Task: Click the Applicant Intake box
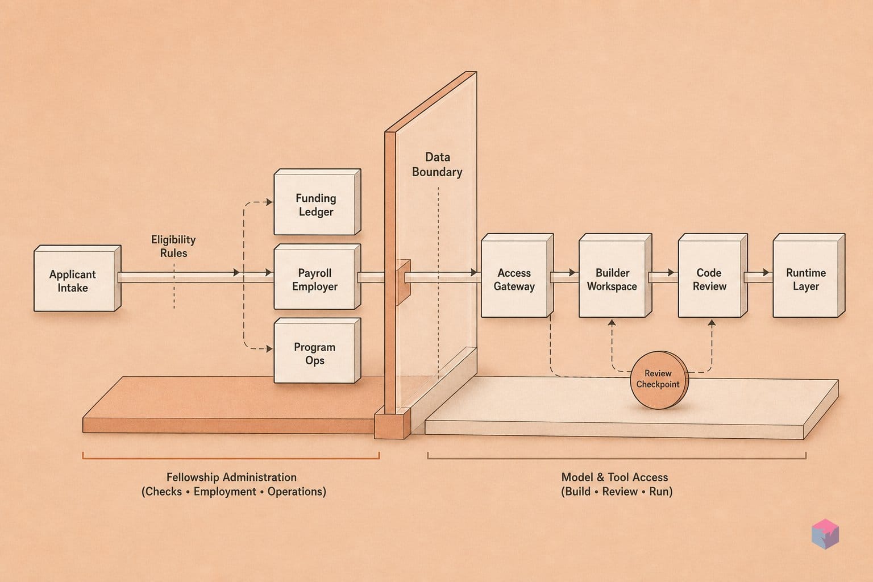[x=77, y=278]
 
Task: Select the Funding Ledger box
[x=317, y=202]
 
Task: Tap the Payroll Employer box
[x=317, y=277]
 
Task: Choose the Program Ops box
[x=317, y=351]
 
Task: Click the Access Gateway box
[x=517, y=275]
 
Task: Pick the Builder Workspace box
[x=615, y=275]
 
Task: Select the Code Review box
[x=712, y=275]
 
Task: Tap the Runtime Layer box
[x=809, y=275]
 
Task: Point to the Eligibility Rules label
[x=173, y=246]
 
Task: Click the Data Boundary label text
[x=437, y=164]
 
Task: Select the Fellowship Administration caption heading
[x=231, y=477]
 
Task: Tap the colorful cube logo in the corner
[x=825, y=534]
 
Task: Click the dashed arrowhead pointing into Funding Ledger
[x=268, y=202]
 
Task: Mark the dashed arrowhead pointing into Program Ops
[x=268, y=348]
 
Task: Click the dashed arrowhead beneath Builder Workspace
[x=612, y=323]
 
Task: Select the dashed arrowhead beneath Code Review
[x=712, y=323]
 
